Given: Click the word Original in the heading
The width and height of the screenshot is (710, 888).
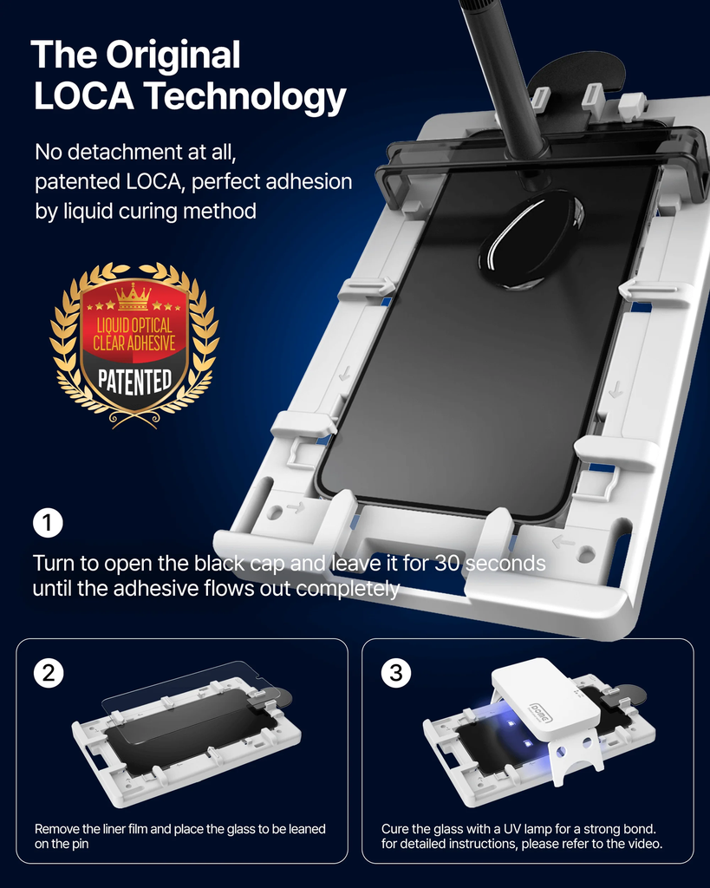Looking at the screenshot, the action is point(173,55).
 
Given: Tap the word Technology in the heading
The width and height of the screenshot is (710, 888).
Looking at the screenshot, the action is point(244,97).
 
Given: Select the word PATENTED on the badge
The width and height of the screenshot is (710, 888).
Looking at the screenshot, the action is point(134,382).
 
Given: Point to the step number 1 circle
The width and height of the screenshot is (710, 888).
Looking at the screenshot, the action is point(48,523).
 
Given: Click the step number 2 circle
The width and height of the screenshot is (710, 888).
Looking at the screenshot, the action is point(49,673).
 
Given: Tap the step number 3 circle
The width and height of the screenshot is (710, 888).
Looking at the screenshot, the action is point(396,673).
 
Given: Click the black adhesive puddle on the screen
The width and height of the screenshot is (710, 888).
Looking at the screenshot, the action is point(531,238).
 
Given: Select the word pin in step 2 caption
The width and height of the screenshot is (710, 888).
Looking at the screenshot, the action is point(81,845).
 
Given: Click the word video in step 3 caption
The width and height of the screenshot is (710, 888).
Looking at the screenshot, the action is point(645,844).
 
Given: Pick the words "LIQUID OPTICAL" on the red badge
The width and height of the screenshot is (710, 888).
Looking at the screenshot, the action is point(134,326).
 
